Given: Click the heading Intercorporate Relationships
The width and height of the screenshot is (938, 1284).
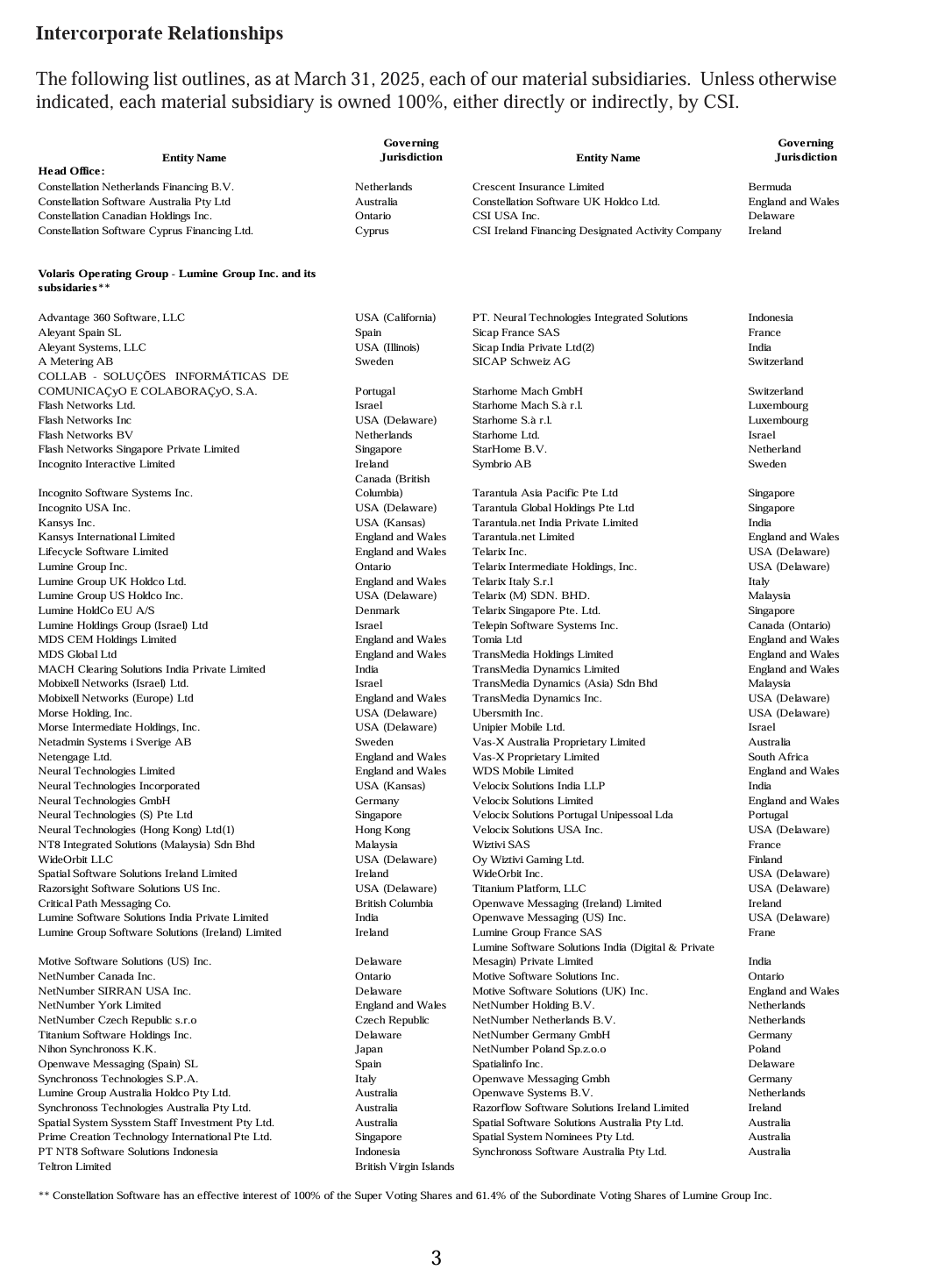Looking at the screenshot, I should tap(160, 33).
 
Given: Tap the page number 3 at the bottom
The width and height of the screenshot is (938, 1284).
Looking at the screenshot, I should tap(436, 1259).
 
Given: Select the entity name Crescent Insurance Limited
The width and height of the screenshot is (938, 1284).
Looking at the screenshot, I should tap(537, 187).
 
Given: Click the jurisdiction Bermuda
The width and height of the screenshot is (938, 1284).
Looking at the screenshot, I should tap(769, 187).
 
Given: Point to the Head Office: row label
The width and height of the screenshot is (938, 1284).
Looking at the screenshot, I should tap(71, 171).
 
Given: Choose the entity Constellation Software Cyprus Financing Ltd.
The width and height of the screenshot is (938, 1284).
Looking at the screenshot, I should tap(146, 231).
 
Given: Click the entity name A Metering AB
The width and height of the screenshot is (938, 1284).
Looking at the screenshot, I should tap(75, 361).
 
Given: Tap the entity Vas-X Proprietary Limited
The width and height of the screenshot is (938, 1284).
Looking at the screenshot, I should tap(536, 757).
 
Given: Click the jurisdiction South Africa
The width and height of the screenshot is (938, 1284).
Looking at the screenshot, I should tap(778, 757).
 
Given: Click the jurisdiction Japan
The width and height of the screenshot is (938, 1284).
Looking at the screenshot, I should tap(368, 1049).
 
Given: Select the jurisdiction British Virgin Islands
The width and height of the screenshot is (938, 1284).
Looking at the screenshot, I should tap(404, 1166).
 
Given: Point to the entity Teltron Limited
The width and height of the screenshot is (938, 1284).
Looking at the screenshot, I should tap(75, 1166).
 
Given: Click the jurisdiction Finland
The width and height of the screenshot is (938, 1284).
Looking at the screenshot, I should tap(764, 860).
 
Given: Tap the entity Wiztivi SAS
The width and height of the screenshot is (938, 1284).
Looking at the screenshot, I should tap(501, 845).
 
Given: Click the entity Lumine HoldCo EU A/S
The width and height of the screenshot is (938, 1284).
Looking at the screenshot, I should tap(96, 610).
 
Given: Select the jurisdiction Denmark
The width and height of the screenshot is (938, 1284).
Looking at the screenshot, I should tap(377, 610).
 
